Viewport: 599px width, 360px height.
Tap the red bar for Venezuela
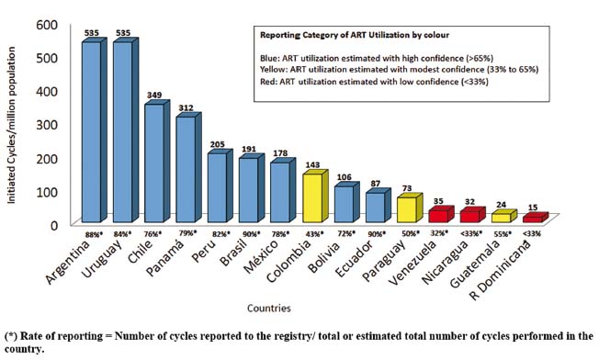pos(441,214)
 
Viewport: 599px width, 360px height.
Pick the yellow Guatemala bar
pos(503,216)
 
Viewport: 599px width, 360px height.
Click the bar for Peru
pos(220,186)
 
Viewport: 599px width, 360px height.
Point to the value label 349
pos(154,95)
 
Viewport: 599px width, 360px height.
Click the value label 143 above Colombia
pos(312,164)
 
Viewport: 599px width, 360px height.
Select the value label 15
pos(533,208)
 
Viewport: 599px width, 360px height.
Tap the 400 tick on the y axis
pos(47,91)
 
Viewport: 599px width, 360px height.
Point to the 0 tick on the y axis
pos(53,225)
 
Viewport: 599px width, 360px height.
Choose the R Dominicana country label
pos(501,272)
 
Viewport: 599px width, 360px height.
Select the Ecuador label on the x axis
pos(354,260)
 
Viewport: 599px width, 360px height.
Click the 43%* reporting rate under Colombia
pos(313,234)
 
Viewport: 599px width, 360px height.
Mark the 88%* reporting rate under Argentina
pos(94,235)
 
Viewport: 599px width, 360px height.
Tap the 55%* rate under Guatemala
pos(502,234)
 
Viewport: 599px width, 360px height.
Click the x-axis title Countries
pos(269,308)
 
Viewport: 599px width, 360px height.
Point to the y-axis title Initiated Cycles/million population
pos(11,125)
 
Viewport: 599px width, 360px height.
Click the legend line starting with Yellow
pos(400,70)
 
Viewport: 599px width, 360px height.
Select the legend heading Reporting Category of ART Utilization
pos(341,35)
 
